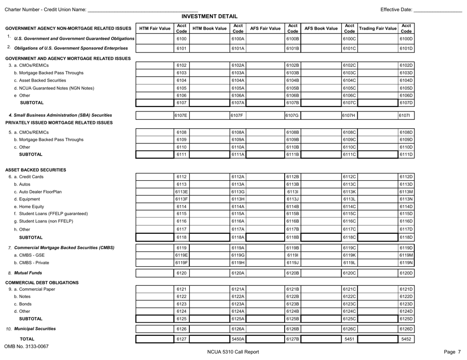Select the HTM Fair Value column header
pos(154,28)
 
